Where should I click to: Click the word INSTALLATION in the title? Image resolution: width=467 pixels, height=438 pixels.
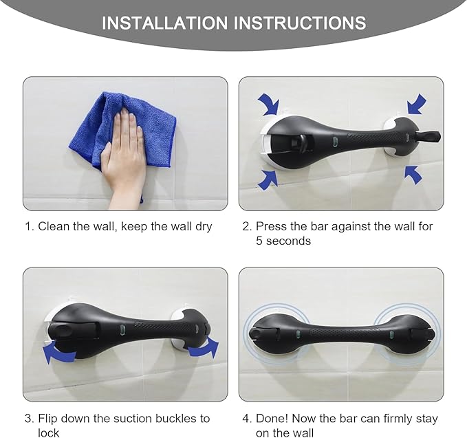pos(165,23)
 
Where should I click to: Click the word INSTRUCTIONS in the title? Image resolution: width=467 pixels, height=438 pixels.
pos(300,23)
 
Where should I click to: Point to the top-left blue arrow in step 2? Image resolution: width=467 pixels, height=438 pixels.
pos(268,105)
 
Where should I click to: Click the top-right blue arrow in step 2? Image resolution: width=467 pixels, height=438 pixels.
pos(417,105)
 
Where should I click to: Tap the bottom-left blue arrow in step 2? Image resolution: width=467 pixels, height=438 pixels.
pos(268,178)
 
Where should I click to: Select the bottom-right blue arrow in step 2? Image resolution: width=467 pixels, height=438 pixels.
pos(413,175)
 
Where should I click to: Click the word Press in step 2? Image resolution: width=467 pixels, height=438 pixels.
pos(271,226)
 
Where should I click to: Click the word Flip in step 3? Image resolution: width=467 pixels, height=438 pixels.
pos(49,419)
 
